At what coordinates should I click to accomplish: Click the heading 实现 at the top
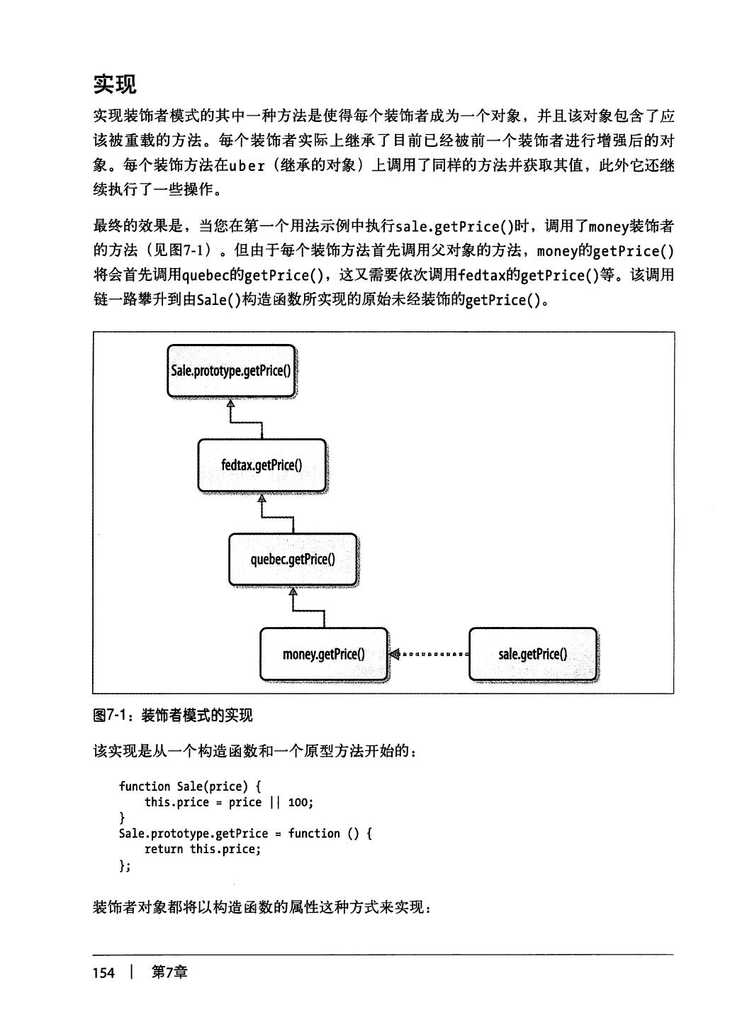[115, 84]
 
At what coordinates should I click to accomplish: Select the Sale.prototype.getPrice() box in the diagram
[231, 370]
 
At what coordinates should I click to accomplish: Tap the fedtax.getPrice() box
[262, 465]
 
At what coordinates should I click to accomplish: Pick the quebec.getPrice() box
[293, 560]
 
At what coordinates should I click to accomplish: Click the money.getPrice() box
[324, 654]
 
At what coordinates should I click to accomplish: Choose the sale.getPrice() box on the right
[532, 654]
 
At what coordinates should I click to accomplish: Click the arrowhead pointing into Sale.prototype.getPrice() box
[230, 404]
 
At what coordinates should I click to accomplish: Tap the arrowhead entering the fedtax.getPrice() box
[262, 498]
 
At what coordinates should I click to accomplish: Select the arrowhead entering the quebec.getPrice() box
[293, 592]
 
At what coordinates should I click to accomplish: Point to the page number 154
[103, 972]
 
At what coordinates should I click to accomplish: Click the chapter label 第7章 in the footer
[169, 972]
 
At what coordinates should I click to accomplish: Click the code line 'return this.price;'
[203, 849]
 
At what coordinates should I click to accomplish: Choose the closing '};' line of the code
[125, 865]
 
